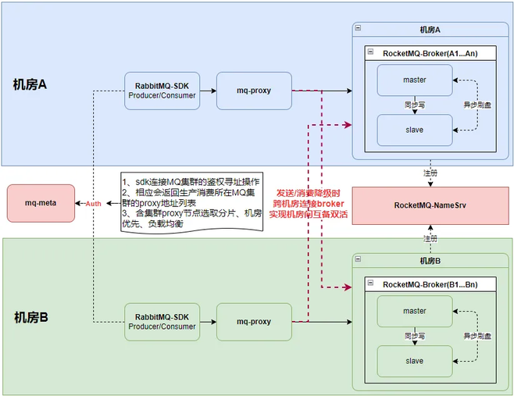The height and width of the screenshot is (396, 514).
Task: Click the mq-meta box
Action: click(41, 203)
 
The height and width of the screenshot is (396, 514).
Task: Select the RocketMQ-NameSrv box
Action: click(430, 205)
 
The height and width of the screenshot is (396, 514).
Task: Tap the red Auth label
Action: click(94, 204)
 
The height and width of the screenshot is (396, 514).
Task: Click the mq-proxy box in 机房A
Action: click(254, 91)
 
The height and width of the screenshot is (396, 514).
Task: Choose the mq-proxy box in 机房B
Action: click(254, 322)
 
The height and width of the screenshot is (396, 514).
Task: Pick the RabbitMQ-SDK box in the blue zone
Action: click(162, 91)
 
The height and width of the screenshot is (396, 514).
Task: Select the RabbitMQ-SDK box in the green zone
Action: click(162, 322)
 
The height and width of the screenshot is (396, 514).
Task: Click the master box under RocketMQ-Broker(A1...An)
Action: click(415, 80)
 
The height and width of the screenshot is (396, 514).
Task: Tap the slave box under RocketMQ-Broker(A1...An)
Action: click(415, 130)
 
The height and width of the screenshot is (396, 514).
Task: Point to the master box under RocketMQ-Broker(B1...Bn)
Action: click(415, 311)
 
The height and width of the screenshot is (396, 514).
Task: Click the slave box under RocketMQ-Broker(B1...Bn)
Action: click(415, 361)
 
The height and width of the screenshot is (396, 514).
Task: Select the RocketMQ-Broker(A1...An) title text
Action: click(430, 53)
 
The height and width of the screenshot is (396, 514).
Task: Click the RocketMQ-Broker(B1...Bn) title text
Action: click(430, 284)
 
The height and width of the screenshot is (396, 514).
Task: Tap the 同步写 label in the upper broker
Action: click(415, 105)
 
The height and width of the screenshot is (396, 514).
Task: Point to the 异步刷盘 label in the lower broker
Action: click(477, 336)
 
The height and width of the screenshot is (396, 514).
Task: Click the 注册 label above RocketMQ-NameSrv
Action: click(430, 173)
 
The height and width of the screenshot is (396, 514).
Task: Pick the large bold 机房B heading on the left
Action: click(31, 317)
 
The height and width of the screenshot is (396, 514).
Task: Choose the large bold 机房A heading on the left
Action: click(30, 84)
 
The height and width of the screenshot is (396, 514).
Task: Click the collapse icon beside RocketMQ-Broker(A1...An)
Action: click(370, 52)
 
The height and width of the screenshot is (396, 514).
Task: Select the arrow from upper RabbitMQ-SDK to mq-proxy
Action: click(208, 91)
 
